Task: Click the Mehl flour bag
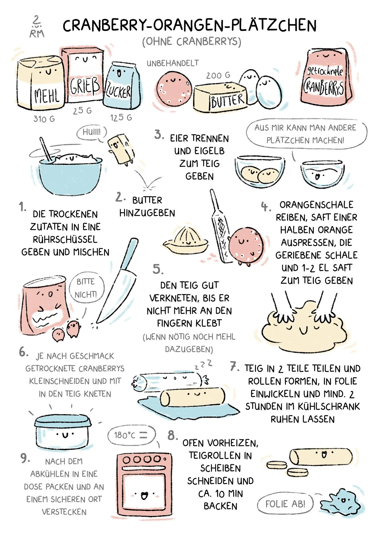(40, 83)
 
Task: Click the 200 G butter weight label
(218, 75)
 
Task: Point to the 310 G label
(44, 119)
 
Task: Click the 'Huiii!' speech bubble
(91, 132)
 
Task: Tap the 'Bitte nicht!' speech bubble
(86, 288)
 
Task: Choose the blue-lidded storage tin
(62, 432)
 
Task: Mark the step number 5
(158, 269)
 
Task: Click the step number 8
(172, 435)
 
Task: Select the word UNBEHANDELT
(173, 63)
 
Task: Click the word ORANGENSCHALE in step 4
(316, 205)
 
